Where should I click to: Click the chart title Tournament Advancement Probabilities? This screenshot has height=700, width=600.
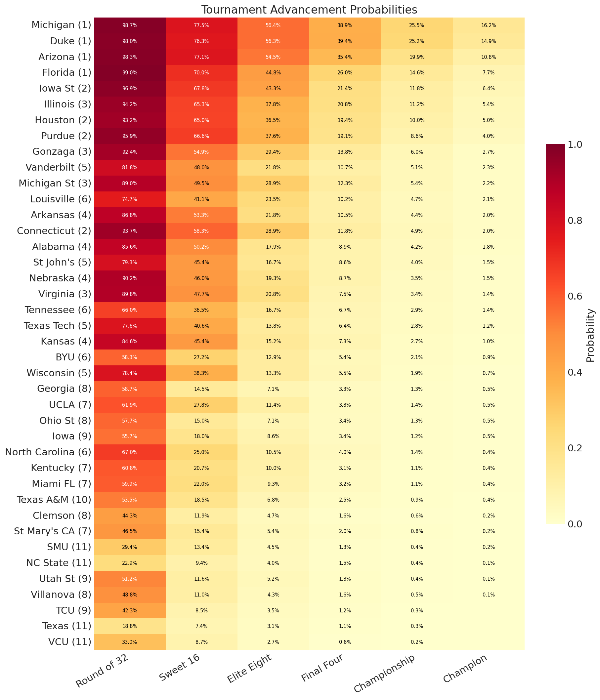click(x=309, y=10)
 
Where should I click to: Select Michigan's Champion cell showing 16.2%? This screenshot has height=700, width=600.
click(x=488, y=25)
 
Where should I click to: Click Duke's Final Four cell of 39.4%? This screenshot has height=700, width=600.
click(x=345, y=41)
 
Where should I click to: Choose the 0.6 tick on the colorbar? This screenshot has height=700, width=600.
click(x=574, y=296)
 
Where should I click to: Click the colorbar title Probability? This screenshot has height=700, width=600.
click(x=590, y=335)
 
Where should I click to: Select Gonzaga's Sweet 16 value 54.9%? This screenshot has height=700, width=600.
click(x=201, y=152)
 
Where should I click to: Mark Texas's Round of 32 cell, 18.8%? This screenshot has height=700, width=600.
click(x=129, y=626)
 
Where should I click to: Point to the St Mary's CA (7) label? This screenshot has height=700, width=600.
click(x=53, y=531)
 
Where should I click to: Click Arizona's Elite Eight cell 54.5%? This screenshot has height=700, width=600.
click(x=273, y=57)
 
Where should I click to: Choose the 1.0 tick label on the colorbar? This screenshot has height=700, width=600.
click(x=574, y=144)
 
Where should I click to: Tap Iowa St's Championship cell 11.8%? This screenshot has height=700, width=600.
click(x=416, y=89)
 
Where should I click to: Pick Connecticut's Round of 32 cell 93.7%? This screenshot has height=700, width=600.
click(x=129, y=231)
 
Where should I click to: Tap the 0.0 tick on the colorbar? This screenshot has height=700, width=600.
click(x=574, y=524)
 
